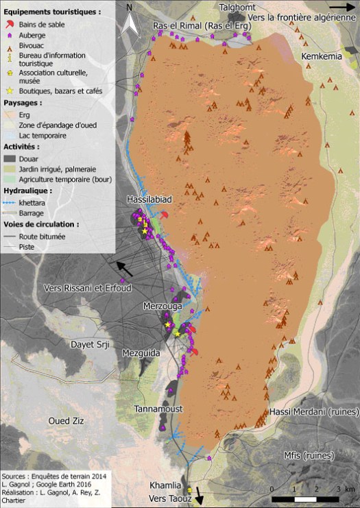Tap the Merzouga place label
coord(163,306)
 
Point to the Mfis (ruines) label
coord(309,455)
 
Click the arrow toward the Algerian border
coord(342,6)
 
